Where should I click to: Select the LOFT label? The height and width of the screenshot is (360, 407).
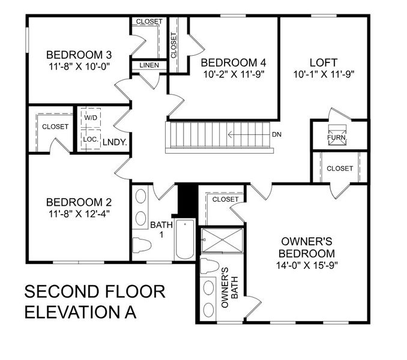tap(324, 62)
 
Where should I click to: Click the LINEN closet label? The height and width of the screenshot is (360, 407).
tap(149, 65)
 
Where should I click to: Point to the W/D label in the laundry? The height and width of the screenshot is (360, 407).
tap(91, 118)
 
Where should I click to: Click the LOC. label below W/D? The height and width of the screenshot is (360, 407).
tap(91, 139)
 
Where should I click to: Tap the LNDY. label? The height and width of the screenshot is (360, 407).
tap(118, 142)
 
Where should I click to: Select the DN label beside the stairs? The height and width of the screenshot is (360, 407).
tap(277, 134)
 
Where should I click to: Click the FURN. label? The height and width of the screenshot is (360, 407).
tap(337, 137)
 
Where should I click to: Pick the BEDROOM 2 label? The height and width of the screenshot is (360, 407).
tap(79, 202)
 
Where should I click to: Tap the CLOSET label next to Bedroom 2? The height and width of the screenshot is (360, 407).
tap(55, 127)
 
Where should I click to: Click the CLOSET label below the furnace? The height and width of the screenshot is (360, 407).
tap(340, 169)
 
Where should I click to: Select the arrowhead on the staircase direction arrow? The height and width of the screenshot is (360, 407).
tap(230, 134)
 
